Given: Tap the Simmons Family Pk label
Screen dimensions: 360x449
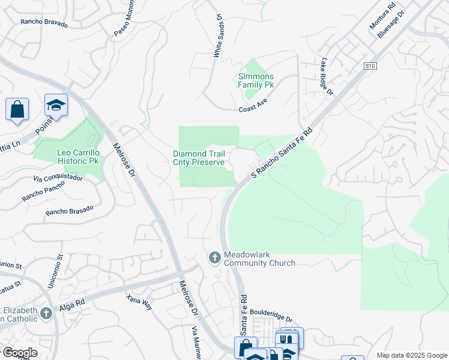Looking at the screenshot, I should click(x=256, y=80).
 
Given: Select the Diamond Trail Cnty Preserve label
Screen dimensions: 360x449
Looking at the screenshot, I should click(x=199, y=158).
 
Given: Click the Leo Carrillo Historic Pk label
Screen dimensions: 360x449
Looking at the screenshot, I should click(x=78, y=157).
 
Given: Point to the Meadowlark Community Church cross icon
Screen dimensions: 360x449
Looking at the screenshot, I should click(x=214, y=258).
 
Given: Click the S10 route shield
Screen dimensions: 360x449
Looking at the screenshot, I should click(x=370, y=67).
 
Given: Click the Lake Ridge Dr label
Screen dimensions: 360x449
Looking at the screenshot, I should click(x=327, y=75).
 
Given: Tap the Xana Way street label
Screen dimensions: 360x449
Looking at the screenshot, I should click(x=139, y=302).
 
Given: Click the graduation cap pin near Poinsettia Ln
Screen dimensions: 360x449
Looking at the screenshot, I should click(x=56, y=105).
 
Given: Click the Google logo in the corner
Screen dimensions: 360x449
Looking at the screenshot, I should click(x=20, y=353).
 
